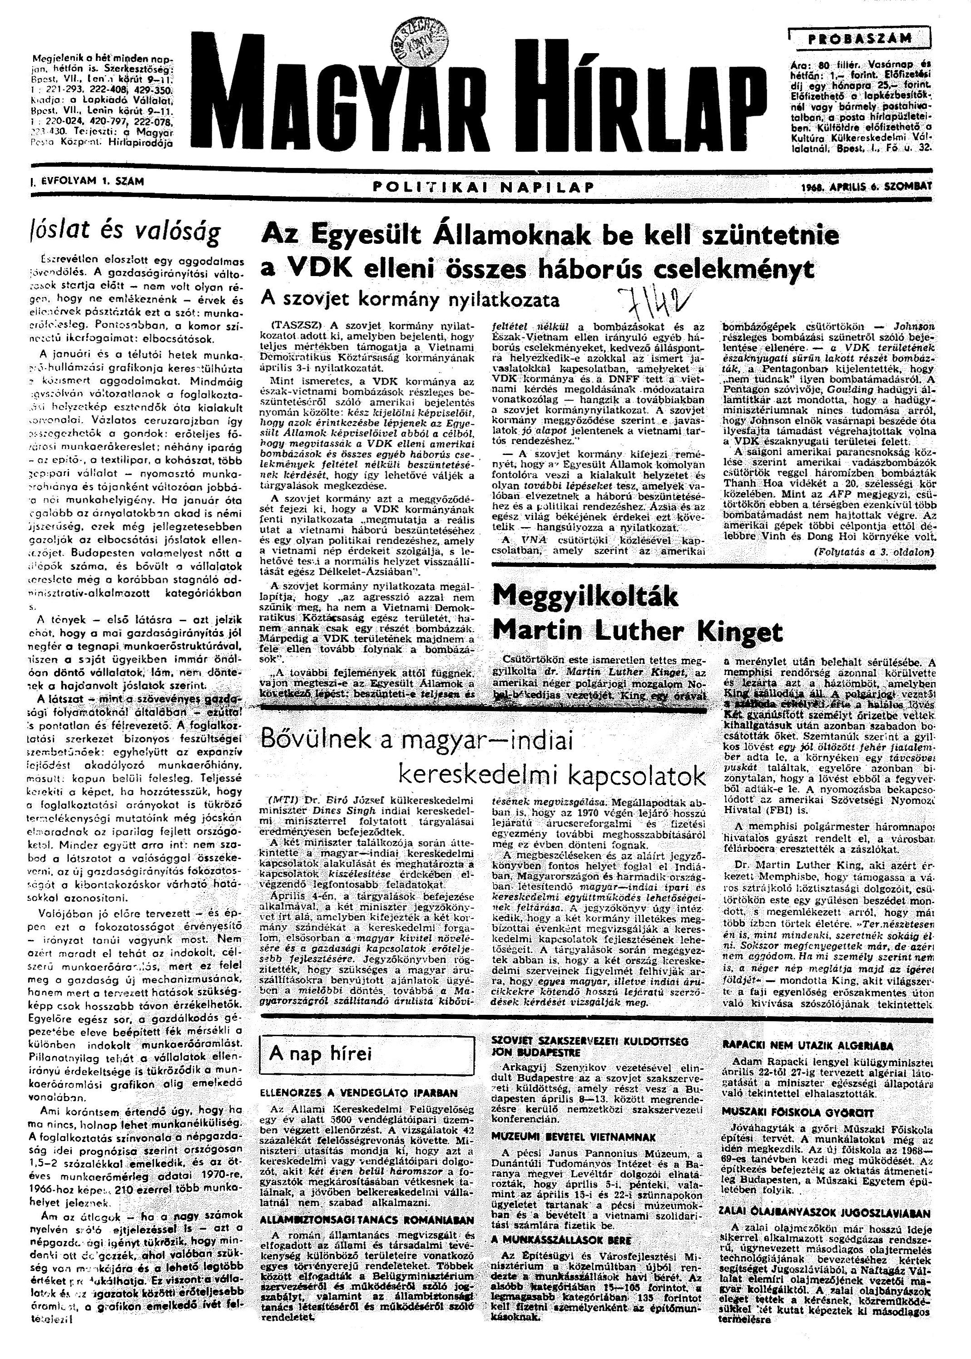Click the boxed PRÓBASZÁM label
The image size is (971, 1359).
coord(860,39)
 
